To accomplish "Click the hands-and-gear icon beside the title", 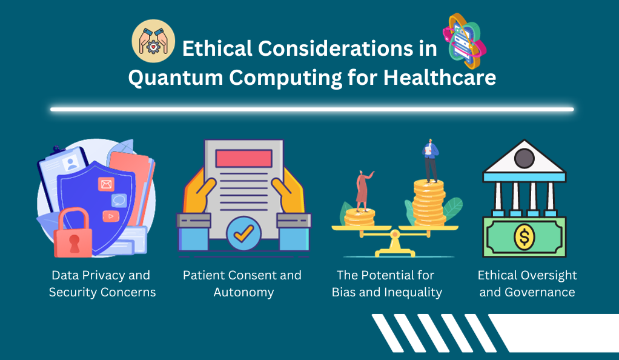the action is click(x=153, y=41).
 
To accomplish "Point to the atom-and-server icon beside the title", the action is click(x=465, y=41).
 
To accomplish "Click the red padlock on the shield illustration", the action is click(x=73, y=233).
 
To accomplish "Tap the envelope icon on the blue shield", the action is click(x=106, y=184).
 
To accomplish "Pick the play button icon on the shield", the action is click(x=110, y=216).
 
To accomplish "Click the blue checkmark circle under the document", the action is click(x=243, y=233).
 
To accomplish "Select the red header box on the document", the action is click(x=244, y=158).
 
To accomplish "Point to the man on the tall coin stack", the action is click(x=430, y=160).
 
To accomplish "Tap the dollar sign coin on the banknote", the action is click(x=525, y=237).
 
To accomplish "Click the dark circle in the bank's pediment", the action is click(x=525, y=158).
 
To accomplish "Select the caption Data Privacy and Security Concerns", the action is click(x=102, y=284).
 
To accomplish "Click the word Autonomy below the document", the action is click(x=243, y=293).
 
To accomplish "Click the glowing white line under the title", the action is click(x=312, y=109).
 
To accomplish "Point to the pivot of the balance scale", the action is click(x=394, y=235).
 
